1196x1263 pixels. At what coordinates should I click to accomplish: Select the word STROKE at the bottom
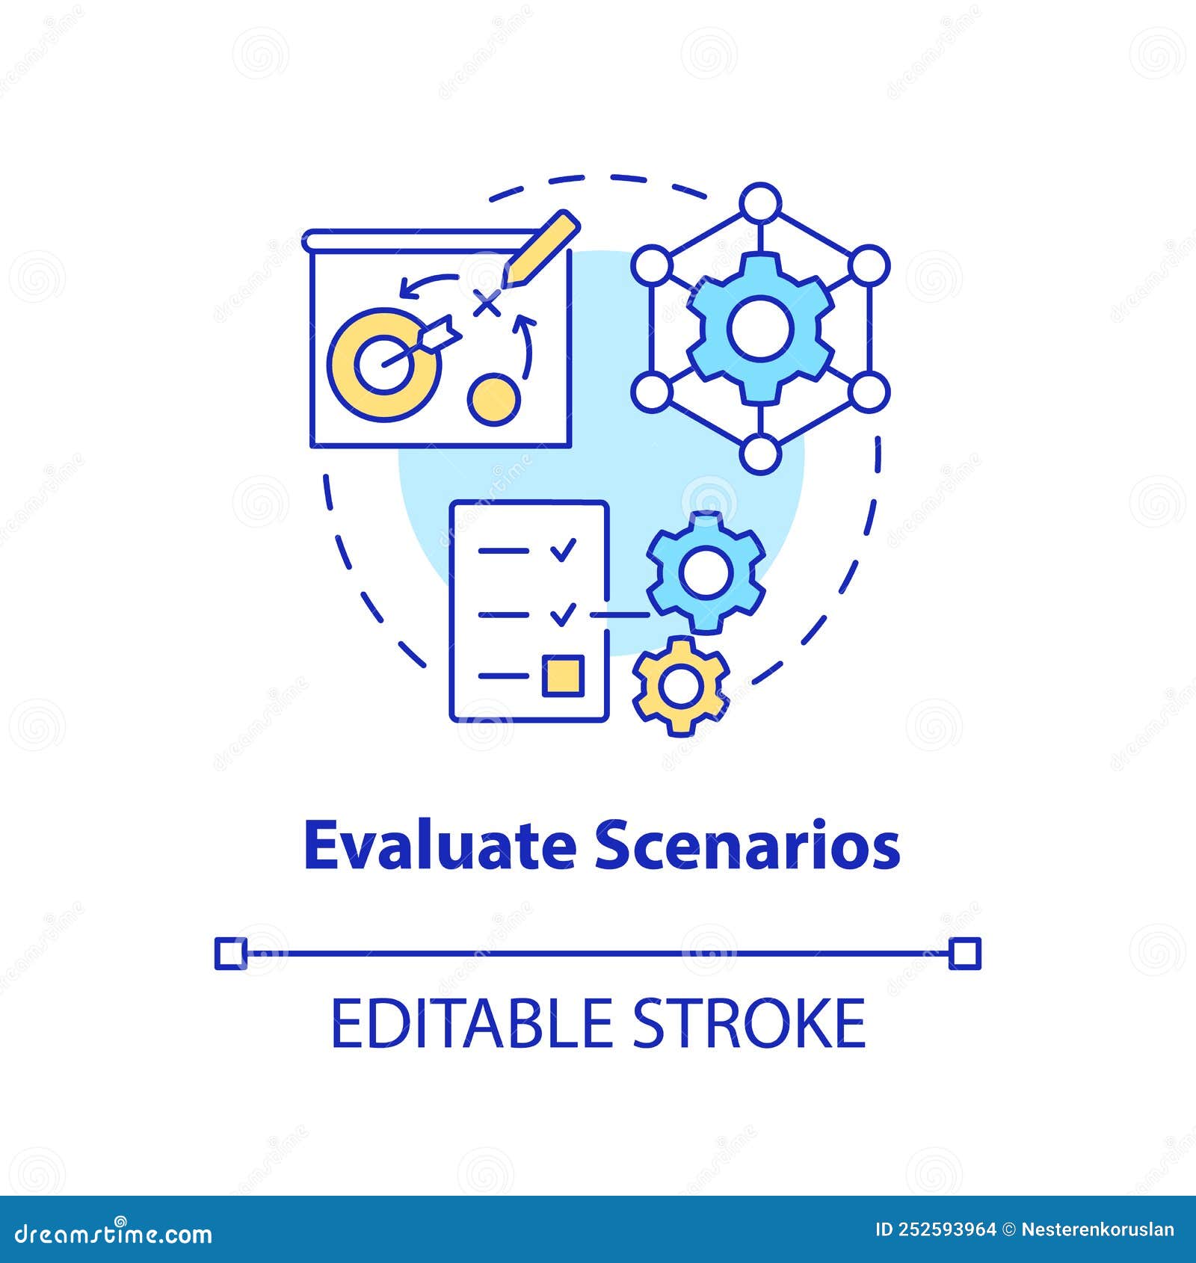point(748,1024)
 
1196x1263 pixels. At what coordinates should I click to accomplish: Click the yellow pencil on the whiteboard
point(540,249)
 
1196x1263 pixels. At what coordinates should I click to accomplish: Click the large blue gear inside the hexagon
point(759,328)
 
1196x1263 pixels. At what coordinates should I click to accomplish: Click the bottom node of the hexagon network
point(759,453)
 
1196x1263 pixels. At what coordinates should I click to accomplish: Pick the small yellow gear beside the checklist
point(680,684)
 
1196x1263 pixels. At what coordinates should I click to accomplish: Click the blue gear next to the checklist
point(706,572)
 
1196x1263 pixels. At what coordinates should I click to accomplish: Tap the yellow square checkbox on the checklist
point(563,675)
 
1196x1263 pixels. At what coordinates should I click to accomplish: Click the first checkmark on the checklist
point(563,551)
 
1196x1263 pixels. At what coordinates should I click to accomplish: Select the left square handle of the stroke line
point(231,954)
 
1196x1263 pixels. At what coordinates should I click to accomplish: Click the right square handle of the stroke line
point(965,954)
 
